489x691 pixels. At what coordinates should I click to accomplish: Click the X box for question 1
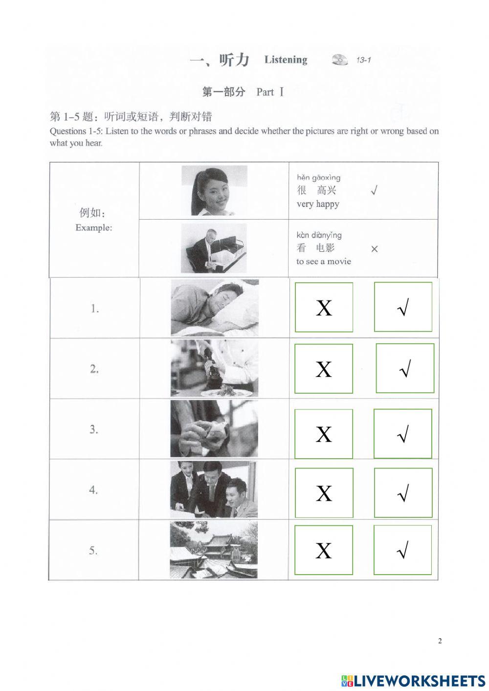point(324,307)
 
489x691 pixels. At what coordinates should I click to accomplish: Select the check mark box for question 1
point(403,307)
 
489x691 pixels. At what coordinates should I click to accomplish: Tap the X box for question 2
point(324,369)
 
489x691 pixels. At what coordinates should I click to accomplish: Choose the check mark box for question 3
point(403,434)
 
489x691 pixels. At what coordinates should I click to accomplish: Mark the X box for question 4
point(324,493)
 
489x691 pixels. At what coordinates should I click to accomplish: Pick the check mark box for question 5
point(402,550)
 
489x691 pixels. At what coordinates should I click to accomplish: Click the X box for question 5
point(324,550)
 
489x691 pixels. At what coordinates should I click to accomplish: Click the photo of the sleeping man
point(214,308)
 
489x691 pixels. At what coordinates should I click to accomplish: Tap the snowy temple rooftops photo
point(214,550)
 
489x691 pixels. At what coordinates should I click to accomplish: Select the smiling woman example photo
point(214,190)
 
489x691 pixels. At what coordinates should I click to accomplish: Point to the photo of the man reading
point(214,248)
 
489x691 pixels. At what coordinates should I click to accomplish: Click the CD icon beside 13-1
point(339,60)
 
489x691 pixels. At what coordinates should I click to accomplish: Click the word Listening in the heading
point(286,60)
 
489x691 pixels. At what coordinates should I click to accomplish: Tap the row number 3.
point(94,429)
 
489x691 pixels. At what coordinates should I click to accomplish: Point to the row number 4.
point(94,490)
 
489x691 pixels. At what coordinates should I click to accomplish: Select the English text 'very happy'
point(318,204)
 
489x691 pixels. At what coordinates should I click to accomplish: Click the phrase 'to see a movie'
point(324,261)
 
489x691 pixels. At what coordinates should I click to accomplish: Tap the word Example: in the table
point(93,227)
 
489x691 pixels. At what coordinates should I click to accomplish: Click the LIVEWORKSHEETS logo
point(413,680)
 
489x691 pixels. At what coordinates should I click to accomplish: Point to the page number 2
point(440,641)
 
